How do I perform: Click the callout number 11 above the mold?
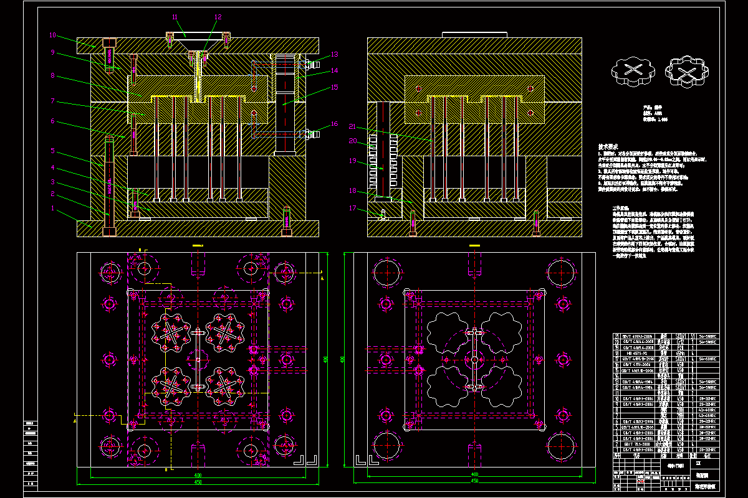(x=175, y=17)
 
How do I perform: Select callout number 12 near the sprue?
(x=218, y=17)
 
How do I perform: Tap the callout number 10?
(x=53, y=35)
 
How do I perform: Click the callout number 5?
(x=53, y=151)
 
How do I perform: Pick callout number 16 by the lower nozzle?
(x=334, y=125)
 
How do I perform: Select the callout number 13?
(x=334, y=55)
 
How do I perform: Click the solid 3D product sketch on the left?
(x=632, y=70)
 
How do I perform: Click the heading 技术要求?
(x=613, y=146)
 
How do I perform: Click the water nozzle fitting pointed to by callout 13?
(x=310, y=63)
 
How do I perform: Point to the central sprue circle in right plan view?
(x=475, y=360)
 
